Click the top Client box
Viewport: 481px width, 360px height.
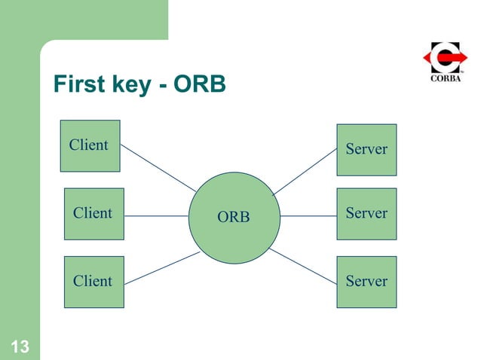pos(90,146)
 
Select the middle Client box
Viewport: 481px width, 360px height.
pos(94,214)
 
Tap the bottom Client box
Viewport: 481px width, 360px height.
pos(94,282)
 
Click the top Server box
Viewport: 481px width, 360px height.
pos(366,150)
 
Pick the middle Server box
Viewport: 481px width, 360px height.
pos(366,214)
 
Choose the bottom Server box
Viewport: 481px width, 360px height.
pos(366,282)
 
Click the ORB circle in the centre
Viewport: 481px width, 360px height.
pos(234,218)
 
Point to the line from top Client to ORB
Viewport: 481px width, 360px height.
pos(158,168)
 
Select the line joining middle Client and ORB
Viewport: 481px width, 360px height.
pos(156,216)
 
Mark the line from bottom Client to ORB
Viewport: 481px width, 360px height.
pos(162,268)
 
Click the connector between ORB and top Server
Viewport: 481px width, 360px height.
pos(305,172)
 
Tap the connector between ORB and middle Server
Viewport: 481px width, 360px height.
pos(308,216)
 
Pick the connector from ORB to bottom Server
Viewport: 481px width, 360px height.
pos(303,267)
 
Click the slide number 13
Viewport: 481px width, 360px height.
pos(20,347)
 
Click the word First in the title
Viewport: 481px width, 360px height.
pos(79,84)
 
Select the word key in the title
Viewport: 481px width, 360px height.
pos(132,85)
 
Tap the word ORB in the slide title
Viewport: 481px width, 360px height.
pos(200,84)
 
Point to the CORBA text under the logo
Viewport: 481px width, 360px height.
pos(446,78)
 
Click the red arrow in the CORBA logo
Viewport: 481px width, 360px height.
pos(446,57)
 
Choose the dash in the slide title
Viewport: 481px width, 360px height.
pos(163,87)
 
